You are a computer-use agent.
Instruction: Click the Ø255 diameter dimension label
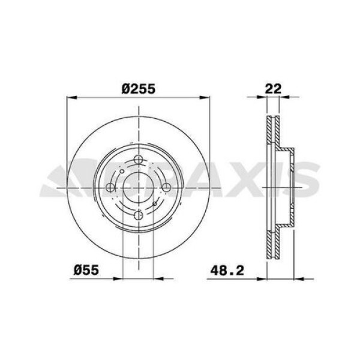139,88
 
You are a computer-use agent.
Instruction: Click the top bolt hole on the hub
139,160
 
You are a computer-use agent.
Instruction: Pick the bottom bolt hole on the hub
139,214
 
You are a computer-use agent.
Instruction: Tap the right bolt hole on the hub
166,187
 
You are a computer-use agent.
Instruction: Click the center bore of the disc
139,187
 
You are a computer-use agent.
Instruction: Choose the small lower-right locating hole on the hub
155,204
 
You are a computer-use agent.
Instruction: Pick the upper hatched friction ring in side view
274,129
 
